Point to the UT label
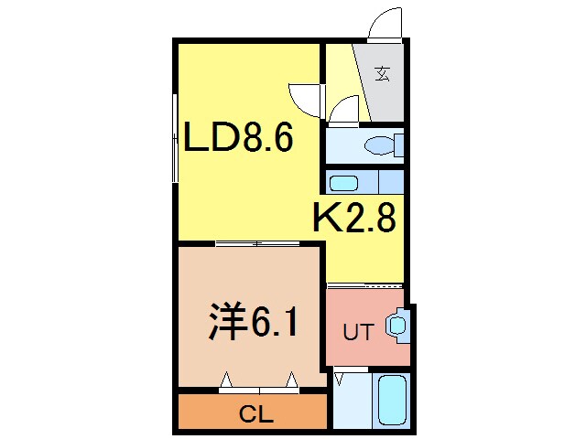[x=357, y=333]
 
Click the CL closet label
[x=256, y=414]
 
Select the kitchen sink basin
[x=345, y=181]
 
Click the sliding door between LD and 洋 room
[x=257, y=243]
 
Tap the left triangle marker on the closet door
[x=226, y=379]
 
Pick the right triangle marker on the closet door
[x=292, y=379]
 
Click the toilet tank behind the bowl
[x=398, y=145]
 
